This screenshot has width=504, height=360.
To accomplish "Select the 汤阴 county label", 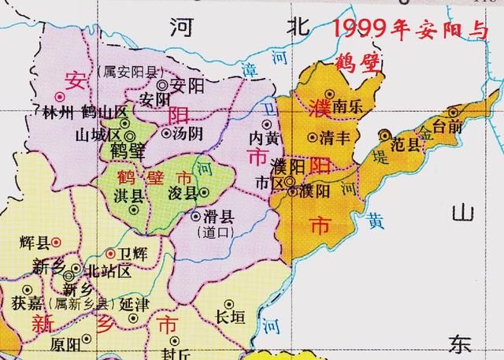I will [187, 132].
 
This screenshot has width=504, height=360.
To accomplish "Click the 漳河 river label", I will [258, 70].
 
